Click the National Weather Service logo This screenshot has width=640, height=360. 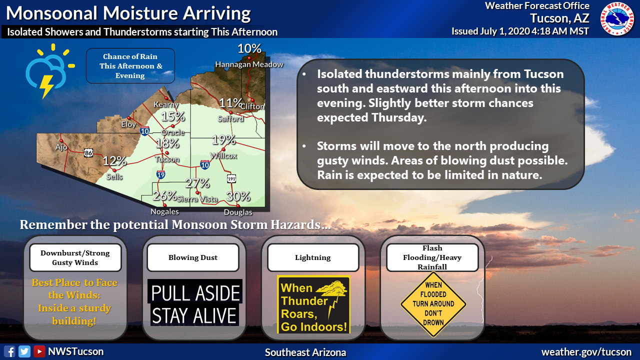tap(617, 19)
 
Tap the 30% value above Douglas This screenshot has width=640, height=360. tap(238, 196)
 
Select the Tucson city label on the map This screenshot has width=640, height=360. tap(167, 159)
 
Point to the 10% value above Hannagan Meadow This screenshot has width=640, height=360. tap(249, 48)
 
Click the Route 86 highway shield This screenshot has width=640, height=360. tap(88, 153)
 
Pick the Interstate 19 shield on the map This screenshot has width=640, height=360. tap(161, 174)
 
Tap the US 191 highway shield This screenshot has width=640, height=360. tap(231, 179)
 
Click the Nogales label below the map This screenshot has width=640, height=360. tap(165, 211)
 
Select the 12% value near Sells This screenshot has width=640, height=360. tap(114, 161)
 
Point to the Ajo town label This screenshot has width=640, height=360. tap(61, 147)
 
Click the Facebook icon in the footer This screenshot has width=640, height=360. tap(9, 351)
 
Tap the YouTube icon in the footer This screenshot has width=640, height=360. tap(39, 351)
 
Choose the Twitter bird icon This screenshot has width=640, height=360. tap(24, 351)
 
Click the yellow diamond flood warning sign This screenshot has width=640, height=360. tap(433, 304)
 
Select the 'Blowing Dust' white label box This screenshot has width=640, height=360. tap(193, 257)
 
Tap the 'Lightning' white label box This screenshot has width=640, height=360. tap(313, 257)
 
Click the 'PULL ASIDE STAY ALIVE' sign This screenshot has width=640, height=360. tap(195, 303)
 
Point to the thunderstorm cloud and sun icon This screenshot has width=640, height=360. tap(50, 71)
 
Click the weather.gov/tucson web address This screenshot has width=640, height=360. tap(586, 352)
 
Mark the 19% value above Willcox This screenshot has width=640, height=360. tap(223, 140)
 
